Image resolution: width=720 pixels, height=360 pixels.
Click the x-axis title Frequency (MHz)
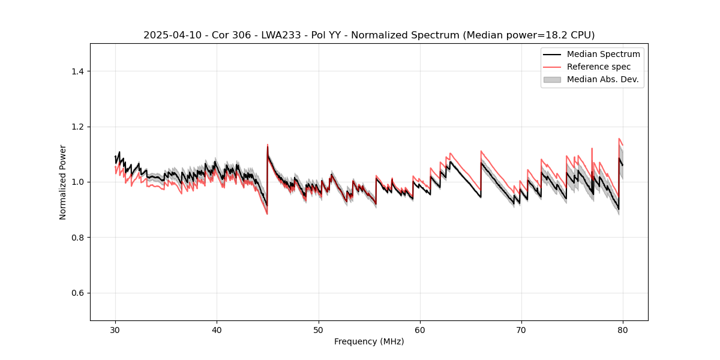tap(369, 341)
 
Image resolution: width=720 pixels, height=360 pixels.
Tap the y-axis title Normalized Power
tap(63, 182)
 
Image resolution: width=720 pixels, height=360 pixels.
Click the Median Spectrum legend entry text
tap(603, 54)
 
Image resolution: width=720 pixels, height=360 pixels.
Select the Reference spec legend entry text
tap(599, 67)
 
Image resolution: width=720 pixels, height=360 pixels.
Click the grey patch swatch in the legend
tap(552, 79)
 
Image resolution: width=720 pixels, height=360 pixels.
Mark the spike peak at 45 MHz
tap(268, 145)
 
